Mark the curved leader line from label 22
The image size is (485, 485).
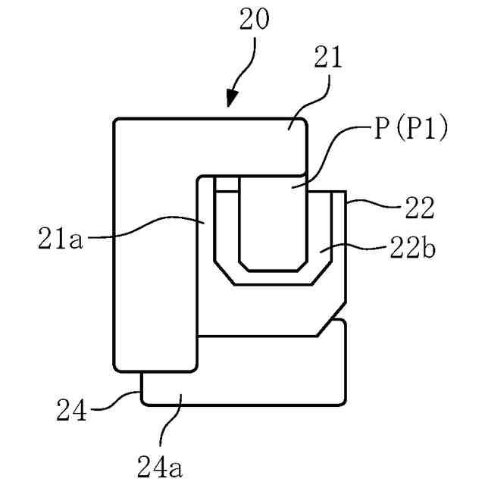pos(371,202)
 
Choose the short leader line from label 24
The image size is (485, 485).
pos(121,399)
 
